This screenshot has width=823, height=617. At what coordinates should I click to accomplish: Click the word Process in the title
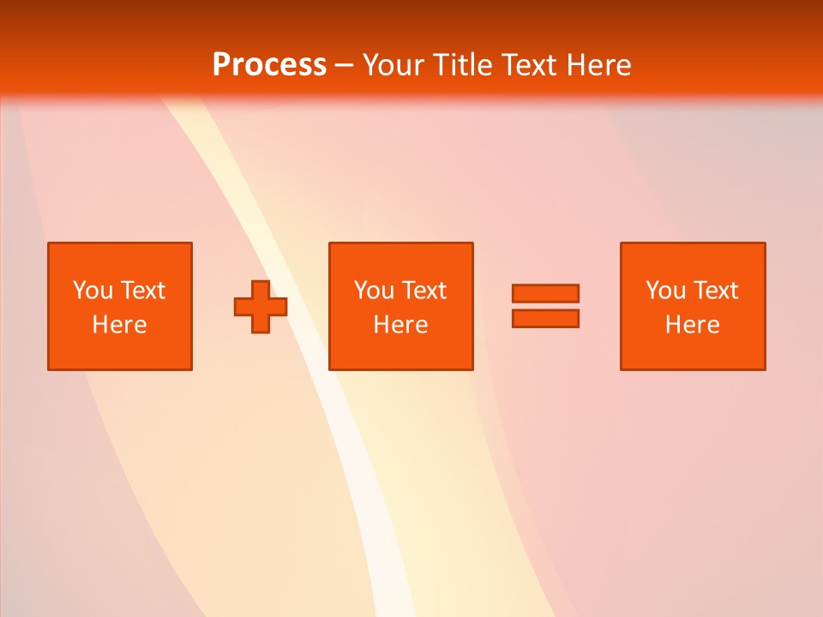[x=269, y=65]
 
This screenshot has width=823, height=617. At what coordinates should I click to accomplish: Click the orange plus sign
[x=261, y=306]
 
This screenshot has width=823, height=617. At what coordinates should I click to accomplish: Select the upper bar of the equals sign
[x=545, y=293]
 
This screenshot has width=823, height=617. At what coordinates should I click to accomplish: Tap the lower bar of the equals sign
[x=545, y=318]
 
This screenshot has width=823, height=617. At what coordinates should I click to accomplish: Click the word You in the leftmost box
[x=93, y=291]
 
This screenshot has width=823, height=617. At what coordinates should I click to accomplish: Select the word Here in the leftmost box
[x=119, y=325]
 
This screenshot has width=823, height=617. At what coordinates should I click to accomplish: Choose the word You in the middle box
[x=374, y=291]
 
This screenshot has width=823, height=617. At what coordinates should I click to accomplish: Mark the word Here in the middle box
[x=400, y=325]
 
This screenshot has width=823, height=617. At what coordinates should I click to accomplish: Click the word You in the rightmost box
[x=665, y=291]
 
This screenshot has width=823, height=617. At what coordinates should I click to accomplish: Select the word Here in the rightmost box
[x=692, y=325]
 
